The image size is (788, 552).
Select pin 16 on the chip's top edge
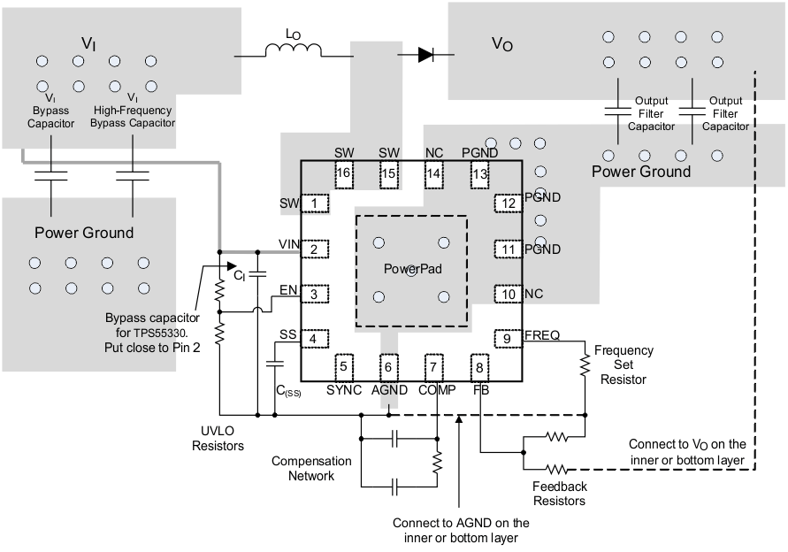tap(344, 173)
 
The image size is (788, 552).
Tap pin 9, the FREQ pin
tap(506, 337)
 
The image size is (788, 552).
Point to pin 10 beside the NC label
tap(506, 294)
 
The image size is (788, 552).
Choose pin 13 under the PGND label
tap(479, 173)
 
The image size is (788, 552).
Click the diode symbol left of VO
tap(425, 55)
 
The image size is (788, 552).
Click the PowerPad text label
tap(412, 269)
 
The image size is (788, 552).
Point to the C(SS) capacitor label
tap(289, 392)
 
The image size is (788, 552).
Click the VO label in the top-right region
tap(501, 44)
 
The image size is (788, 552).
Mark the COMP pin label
tap(436, 389)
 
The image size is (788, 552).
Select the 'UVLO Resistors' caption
tap(218, 440)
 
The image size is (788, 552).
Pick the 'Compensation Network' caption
tap(311, 468)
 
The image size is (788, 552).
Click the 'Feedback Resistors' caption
tap(559, 494)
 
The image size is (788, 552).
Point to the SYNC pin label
tap(344, 389)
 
